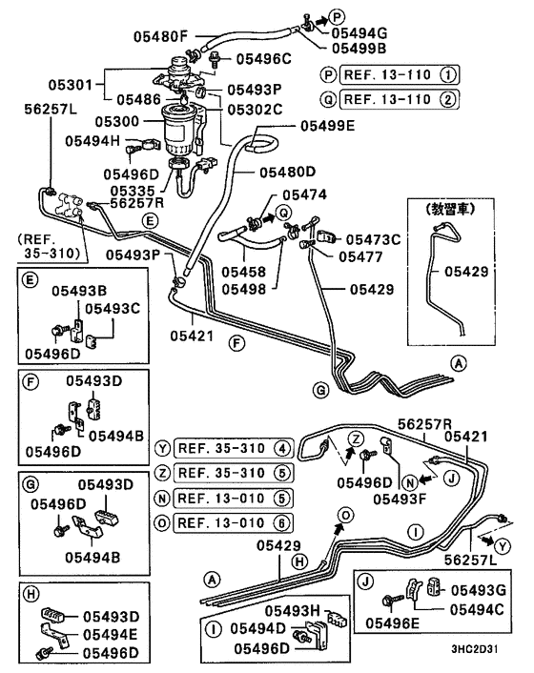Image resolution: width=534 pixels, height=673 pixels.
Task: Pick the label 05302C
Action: pyautogui.click(x=256, y=110)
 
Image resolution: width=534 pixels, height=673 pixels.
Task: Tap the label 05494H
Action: pyautogui.click(x=92, y=141)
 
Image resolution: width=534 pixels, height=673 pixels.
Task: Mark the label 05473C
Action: pyautogui.click(x=374, y=238)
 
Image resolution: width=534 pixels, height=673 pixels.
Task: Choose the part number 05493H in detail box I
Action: pyautogui.click(x=293, y=609)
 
